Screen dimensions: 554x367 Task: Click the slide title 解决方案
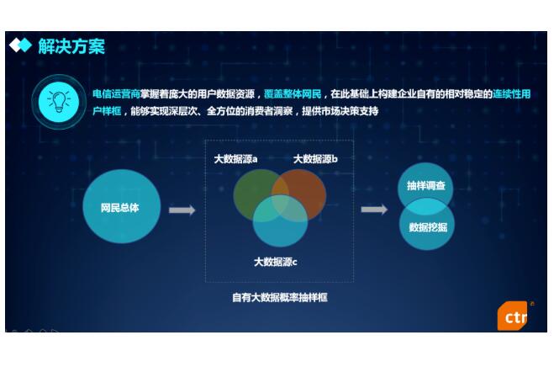tap(71, 46)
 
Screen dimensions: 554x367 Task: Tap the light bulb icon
tap(59, 102)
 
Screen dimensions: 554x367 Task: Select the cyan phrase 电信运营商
tap(116, 94)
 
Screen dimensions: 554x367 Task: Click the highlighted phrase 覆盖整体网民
tap(293, 94)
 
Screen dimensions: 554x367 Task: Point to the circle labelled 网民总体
tap(122, 206)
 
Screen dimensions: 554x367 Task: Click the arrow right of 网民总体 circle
tap(182, 210)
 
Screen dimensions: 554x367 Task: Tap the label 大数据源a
tap(235, 159)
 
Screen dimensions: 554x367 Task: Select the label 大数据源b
tap(315, 159)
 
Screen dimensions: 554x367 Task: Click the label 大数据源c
tap(276, 262)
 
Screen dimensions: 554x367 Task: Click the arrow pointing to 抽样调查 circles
tap(374, 210)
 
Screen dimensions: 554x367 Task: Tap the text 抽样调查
tap(425, 185)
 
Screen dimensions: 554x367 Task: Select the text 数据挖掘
tap(428, 227)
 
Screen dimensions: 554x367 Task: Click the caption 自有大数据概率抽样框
tap(280, 297)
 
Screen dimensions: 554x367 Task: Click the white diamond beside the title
tap(15, 45)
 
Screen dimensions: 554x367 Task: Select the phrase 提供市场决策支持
tap(340, 111)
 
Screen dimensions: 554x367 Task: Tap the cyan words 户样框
tap(107, 111)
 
